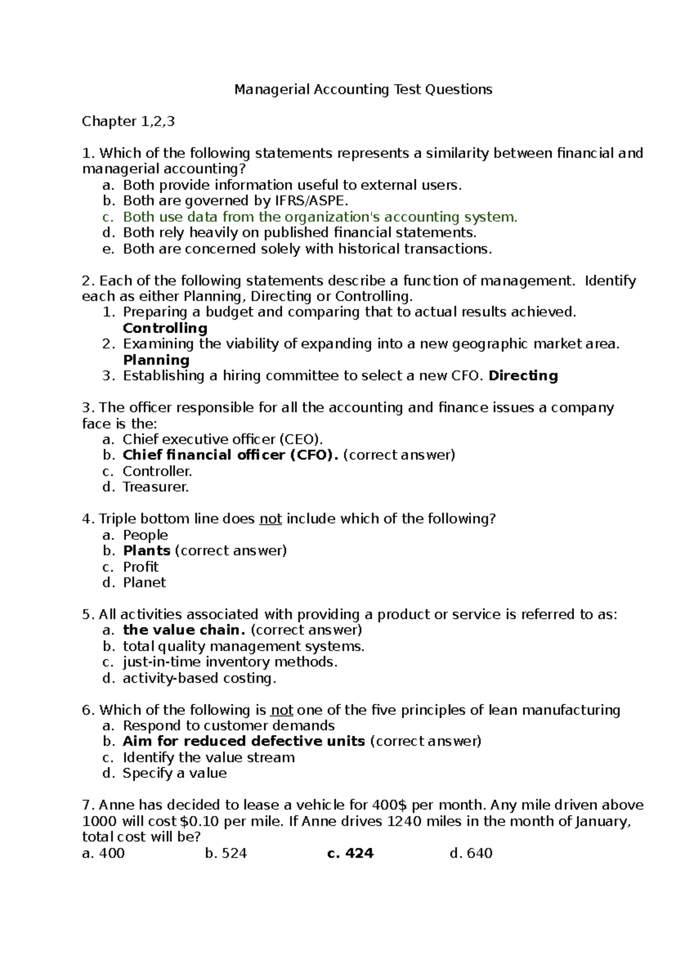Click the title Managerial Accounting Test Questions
(x=363, y=89)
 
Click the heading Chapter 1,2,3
(x=128, y=121)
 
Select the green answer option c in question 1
(x=319, y=217)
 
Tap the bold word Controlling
(x=165, y=328)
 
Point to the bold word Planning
(x=156, y=360)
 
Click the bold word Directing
(x=523, y=376)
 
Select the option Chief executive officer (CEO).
(x=223, y=439)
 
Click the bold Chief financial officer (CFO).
(x=231, y=455)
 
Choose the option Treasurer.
(x=156, y=487)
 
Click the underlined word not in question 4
(x=270, y=519)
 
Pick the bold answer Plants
(x=146, y=551)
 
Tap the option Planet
(x=145, y=582)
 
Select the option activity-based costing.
(x=199, y=678)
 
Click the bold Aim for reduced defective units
(x=244, y=741)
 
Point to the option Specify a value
(x=175, y=773)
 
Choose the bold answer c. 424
(x=350, y=853)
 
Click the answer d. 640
(x=472, y=853)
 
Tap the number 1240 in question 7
(x=404, y=821)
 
